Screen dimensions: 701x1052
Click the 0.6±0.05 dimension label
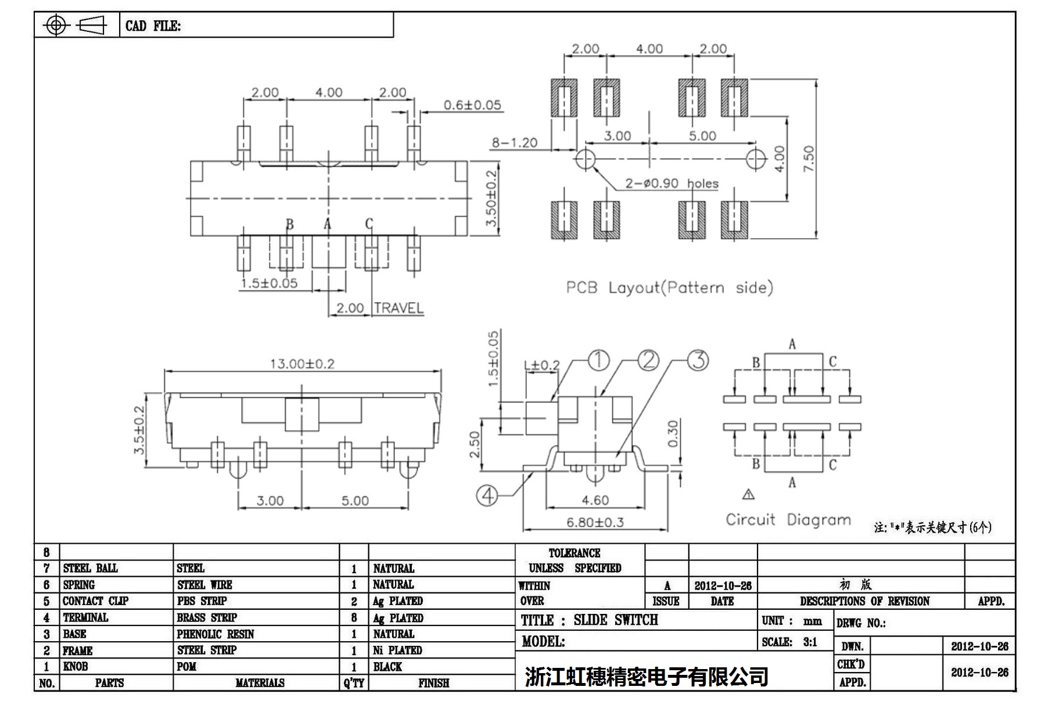[472, 105]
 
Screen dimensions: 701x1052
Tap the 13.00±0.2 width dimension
[302, 364]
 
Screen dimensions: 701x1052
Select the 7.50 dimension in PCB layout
[809, 159]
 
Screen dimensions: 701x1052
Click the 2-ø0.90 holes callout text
[672, 184]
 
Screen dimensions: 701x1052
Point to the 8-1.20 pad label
[515, 143]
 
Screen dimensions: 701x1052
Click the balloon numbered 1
[599, 361]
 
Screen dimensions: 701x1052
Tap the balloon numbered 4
[487, 495]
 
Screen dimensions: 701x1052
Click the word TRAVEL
[398, 308]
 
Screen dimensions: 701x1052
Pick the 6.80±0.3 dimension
[595, 522]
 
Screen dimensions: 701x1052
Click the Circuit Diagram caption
[788, 519]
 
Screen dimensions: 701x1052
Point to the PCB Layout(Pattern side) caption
[669, 287]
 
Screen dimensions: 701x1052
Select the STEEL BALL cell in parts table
[90, 568]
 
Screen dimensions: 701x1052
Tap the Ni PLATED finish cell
[397, 650]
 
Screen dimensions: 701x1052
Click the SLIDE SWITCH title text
[616, 620]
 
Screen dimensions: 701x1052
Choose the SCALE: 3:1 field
[789, 642]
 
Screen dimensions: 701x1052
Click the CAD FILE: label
[153, 26]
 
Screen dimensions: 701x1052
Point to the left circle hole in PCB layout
[585, 159]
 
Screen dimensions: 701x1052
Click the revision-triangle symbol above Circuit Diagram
[748, 495]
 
